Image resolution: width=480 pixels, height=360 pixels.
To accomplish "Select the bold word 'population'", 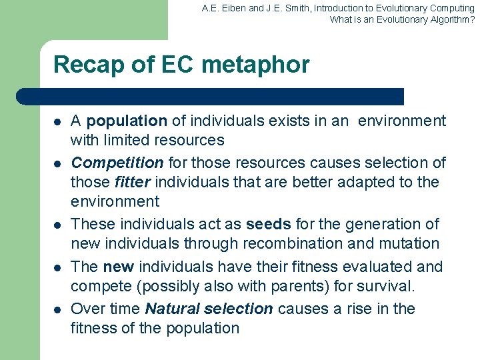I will (127, 121).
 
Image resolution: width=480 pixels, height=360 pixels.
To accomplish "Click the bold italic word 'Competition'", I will (117, 163).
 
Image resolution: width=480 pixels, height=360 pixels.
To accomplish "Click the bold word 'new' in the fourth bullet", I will (119, 267).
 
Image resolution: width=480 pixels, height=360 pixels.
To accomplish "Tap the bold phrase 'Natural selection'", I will (209, 309).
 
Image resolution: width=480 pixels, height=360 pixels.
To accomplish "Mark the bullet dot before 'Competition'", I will (57, 164).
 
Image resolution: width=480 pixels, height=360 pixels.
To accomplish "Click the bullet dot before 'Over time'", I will (57, 310).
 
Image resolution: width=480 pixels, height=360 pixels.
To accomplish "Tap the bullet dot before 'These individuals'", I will (57, 225).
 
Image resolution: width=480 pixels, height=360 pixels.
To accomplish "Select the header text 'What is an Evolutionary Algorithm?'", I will (402, 19).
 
